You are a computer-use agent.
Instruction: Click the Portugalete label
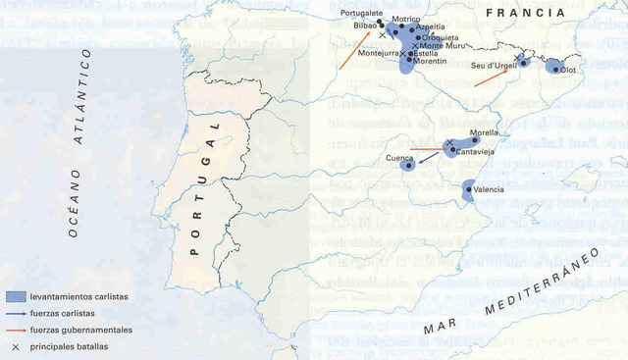360,13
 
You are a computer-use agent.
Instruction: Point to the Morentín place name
430,61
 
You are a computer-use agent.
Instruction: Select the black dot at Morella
475,140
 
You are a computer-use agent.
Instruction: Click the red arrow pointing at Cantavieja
426,149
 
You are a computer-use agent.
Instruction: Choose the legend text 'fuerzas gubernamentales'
80,330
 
